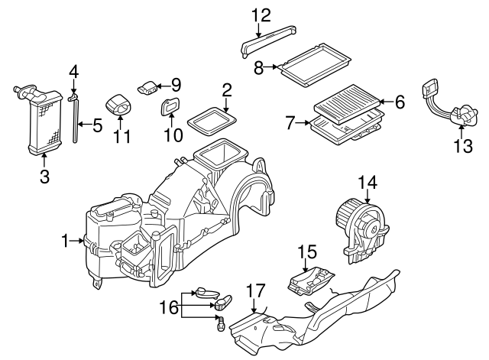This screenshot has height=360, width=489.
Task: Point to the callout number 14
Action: pyautogui.click(x=368, y=181)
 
